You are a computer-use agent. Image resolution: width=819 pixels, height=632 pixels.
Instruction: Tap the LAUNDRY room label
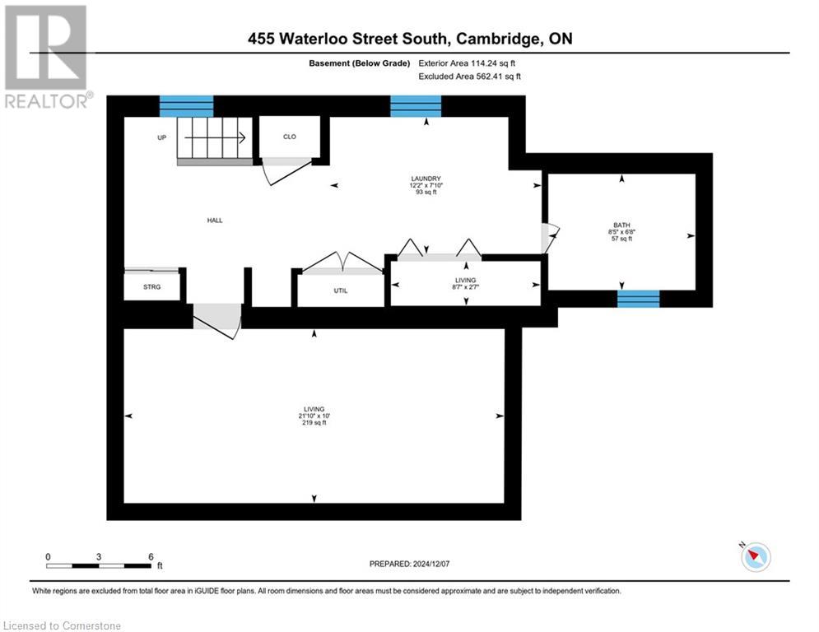426,179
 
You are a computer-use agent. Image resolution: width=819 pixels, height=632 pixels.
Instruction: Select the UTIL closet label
340,290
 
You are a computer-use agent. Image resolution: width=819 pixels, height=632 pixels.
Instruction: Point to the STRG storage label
151,286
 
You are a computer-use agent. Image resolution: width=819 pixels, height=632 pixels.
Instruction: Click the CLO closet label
289,137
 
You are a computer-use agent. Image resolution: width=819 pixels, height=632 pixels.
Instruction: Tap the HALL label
215,220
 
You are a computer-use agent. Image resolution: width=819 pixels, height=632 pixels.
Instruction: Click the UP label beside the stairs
162,137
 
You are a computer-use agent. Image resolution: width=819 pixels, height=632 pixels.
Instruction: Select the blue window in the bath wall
639,299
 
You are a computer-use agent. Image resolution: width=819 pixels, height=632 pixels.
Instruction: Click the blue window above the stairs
186,106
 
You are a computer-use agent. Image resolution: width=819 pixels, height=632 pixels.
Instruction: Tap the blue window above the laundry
416,106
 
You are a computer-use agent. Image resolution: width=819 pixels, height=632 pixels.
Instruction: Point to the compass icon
755,557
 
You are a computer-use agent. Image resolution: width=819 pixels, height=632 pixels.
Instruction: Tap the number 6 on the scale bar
151,557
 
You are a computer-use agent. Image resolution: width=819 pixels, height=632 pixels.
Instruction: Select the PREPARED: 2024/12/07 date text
410,564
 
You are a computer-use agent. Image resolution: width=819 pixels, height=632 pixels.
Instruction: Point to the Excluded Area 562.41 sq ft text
471,77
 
